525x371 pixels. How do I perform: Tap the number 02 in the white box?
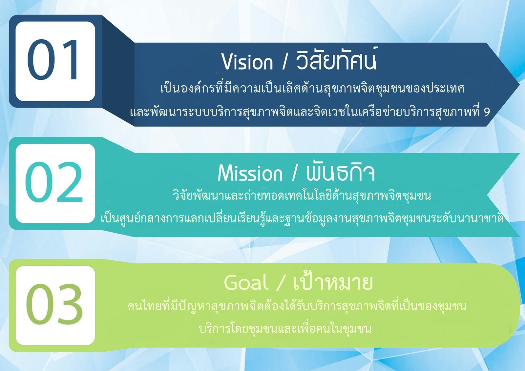click(x=54, y=182)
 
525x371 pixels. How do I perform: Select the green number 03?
click(x=54, y=304)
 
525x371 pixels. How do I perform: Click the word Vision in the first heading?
click(x=247, y=61)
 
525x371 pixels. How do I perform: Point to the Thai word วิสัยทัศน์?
click(x=336, y=59)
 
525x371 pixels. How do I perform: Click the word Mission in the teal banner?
click(x=250, y=173)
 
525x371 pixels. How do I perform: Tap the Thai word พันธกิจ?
click(x=340, y=172)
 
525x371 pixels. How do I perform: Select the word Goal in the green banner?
click(x=246, y=282)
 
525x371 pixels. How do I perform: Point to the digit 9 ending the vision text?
click(x=487, y=112)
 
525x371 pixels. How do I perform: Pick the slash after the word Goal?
click(x=280, y=282)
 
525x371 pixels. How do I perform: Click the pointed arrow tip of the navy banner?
click(x=519, y=84)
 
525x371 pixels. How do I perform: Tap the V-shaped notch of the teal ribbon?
click(x=488, y=195)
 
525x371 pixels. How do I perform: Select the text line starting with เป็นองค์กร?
click(x=312, y=89)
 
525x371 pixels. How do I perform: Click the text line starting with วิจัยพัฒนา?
click(x=302, y=196)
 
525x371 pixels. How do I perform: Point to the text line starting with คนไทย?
click(x=297, y=307)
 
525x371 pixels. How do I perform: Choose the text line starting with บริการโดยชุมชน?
click(x=285, y=329)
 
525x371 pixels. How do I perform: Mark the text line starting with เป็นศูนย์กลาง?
click(x=302, y=218)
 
